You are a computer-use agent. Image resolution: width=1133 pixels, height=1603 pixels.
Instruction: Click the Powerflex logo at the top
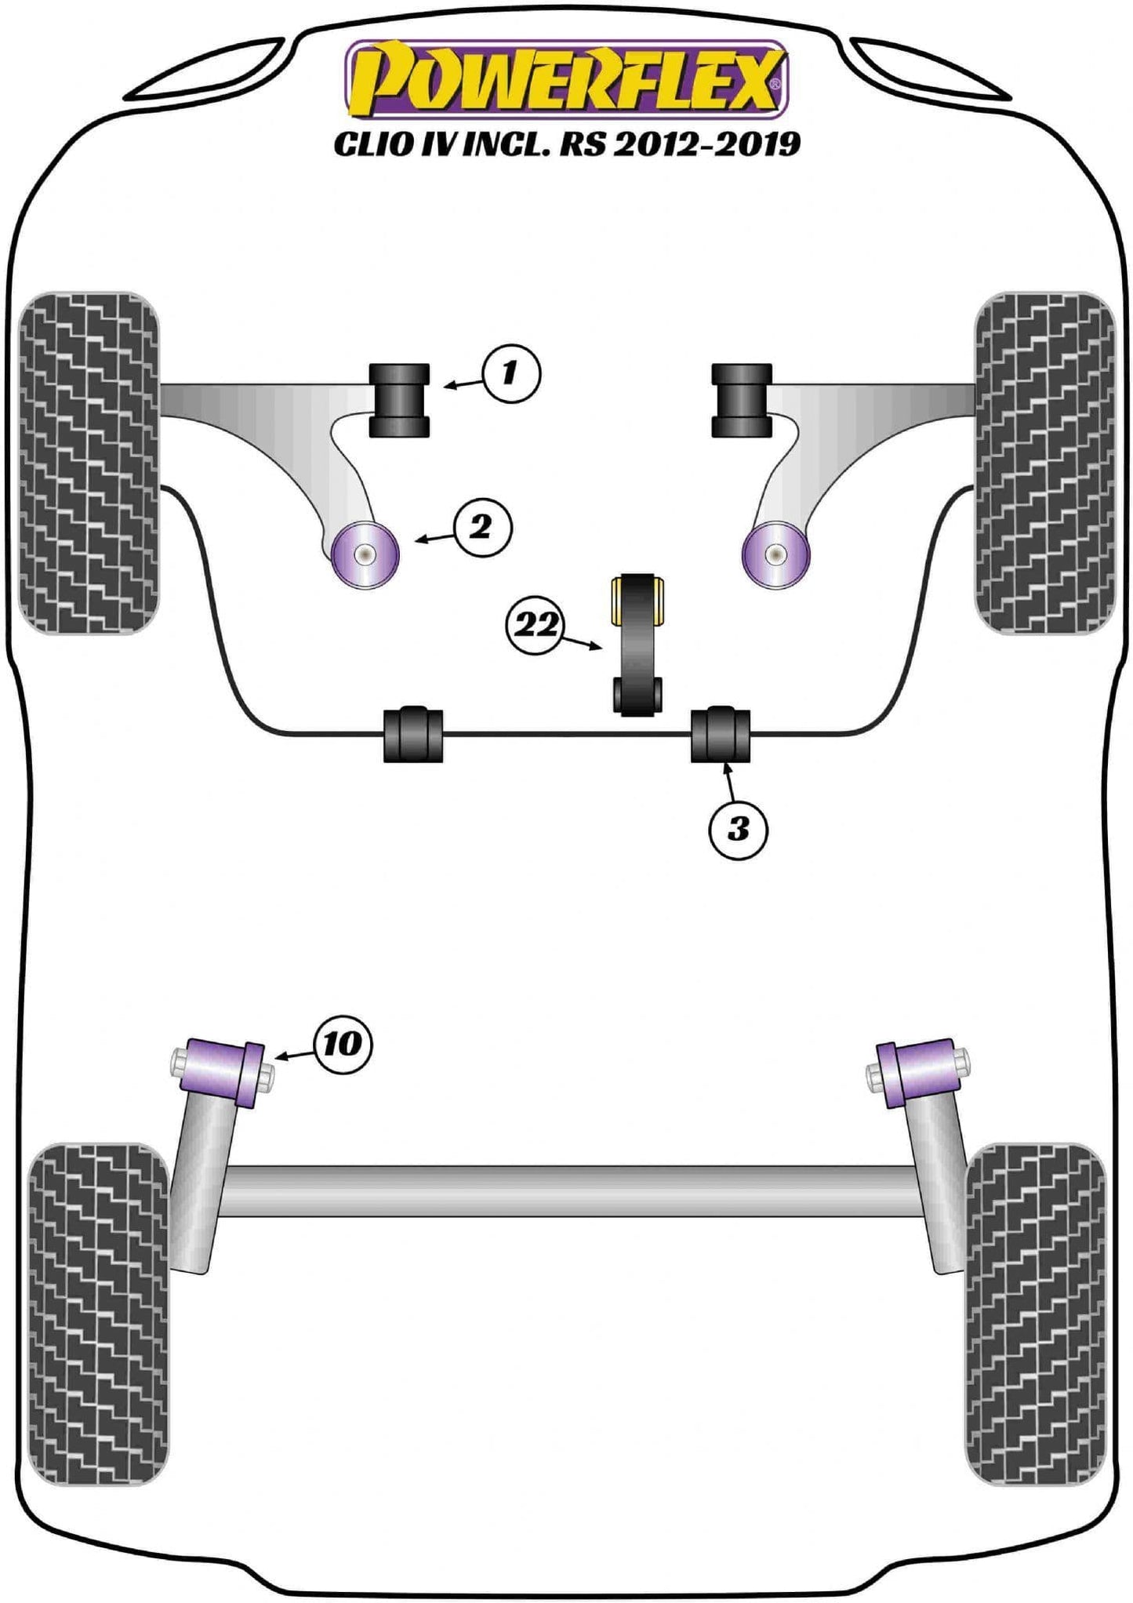[x=566, y=79]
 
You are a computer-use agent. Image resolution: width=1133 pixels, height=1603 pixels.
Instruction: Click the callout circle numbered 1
[x=511, y=373]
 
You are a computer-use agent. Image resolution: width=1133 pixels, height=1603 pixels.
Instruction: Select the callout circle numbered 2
[x=480, y=527]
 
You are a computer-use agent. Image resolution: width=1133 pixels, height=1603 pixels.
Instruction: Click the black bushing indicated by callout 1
[x=400, y=401]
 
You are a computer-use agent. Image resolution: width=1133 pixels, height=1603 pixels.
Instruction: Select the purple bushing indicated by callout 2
[x=365, y=554]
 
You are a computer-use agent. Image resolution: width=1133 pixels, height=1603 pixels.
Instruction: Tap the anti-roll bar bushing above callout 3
[x=721, y=735]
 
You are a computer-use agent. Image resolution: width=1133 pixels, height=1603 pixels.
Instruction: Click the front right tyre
[x=1044, y=463]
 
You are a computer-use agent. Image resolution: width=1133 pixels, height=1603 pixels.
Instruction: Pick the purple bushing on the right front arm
[x=775, y=554]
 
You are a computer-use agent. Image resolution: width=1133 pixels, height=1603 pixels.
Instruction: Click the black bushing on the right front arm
[x=742, y=401]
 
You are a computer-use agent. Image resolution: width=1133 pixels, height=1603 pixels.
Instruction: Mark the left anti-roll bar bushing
[x=413, y=735]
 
